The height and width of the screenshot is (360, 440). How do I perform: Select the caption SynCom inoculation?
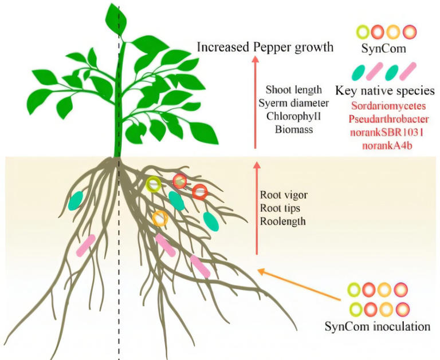point(377,327)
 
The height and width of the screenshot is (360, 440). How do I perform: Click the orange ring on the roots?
point(160,218)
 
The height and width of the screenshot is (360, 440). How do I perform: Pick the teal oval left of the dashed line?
point(76,200)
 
